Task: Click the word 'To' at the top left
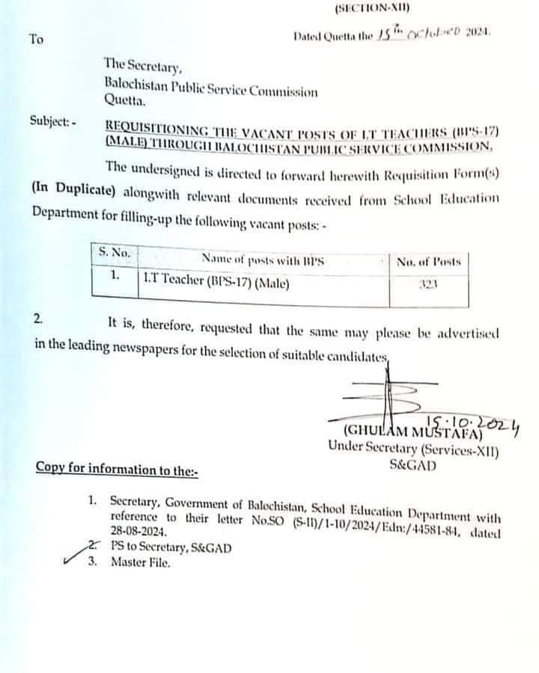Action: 36,39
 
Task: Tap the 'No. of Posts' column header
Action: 429,261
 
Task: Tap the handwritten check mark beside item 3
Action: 73,557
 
